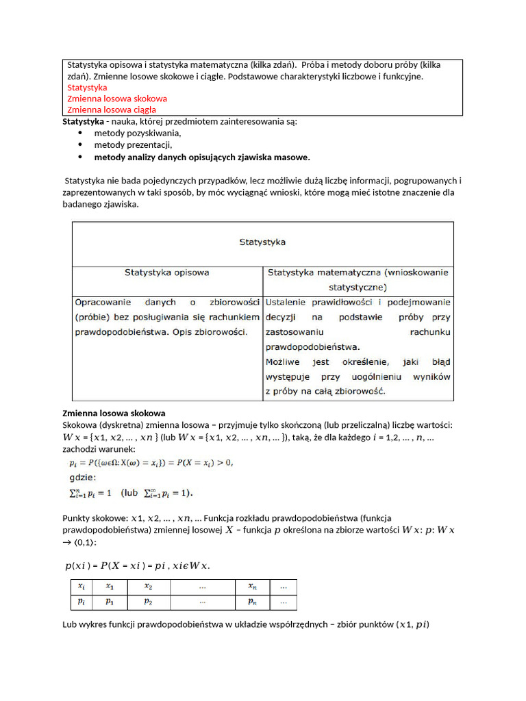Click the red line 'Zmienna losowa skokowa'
pyautogui.click(x=117, y=99)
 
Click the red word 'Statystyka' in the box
pyautogui.click(x=87, y=88)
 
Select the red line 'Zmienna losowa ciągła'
pyautogui.click(x=112, y=110)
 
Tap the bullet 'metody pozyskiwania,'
pyautogui.click(x=138, y=133)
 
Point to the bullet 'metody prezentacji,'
pyautogui.click(x=133, y=145)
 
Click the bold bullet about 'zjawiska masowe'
pyautogui.click(x=202, y=157)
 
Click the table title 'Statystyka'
pyautogui.click(x=262, y=242)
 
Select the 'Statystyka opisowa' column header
pyautogui.click(x=167, y=272)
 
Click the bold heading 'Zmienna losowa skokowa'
pyautogui.click(x=114, y=413)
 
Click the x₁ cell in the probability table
pyautogui.click(x=110, y=587)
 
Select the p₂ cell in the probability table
pyautogui.click(x=149, y=602)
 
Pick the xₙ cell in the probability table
pyautogui.click(x=252, y=587)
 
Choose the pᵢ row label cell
pyautogui.click(x=82, y=602)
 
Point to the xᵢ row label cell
pyautogui.click(x=82, y=587)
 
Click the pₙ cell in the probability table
pyautogui.click(x=252, y=602)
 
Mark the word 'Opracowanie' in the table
pyautogui.click(x=101, y=302)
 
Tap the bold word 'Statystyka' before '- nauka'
pyautogui.click(x=82, y=121)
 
